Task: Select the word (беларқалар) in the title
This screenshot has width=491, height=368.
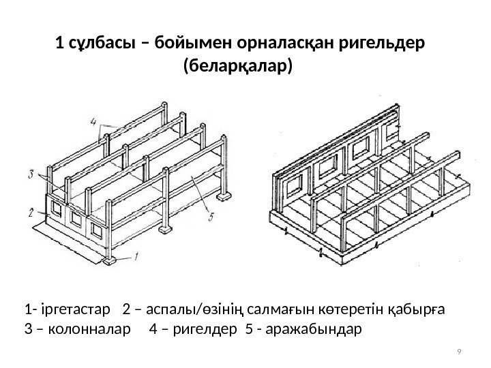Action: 238,67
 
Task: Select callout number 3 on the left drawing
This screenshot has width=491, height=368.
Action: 32,174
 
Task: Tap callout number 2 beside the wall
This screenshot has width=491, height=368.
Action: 31,212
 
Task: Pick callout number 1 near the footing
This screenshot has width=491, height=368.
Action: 136,257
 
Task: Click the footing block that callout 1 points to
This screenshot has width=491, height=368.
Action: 109,259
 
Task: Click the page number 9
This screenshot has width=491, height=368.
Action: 460,352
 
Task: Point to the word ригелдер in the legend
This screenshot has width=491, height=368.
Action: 187,330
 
